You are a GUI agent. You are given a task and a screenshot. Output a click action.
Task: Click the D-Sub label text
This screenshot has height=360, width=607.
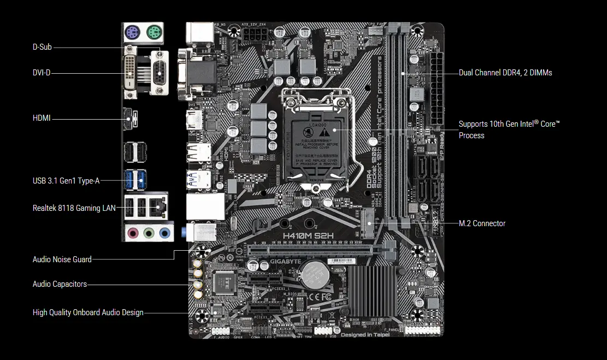coord(42,47)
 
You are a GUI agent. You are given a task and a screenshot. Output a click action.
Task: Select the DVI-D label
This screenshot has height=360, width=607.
coord(42,73)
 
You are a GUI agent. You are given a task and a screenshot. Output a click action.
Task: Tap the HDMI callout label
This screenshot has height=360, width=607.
coord(42,117)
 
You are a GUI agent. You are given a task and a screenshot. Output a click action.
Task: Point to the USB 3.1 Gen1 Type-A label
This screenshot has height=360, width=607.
coord(66,181)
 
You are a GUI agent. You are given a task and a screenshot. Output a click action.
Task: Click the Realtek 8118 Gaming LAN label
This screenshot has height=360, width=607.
coord(74,208)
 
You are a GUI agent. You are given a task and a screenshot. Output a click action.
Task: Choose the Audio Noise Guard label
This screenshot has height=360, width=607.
coord(62,259)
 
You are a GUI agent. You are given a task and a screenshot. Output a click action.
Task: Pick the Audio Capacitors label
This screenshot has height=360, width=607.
coord(60,284)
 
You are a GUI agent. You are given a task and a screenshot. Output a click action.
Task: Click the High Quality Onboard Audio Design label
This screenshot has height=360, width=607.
coord(88,312)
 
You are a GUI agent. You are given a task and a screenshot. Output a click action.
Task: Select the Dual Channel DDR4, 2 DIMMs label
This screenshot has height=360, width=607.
coord(505,73)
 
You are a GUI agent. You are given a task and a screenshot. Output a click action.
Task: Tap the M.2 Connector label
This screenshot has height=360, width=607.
coord(482,223)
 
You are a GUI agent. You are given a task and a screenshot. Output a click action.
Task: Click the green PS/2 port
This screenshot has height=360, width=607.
coord(154,32)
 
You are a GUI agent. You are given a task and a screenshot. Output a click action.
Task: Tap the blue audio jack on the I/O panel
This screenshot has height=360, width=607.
coord(164,234)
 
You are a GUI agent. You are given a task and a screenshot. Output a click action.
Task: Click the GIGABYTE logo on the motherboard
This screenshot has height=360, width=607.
coord(284,261)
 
